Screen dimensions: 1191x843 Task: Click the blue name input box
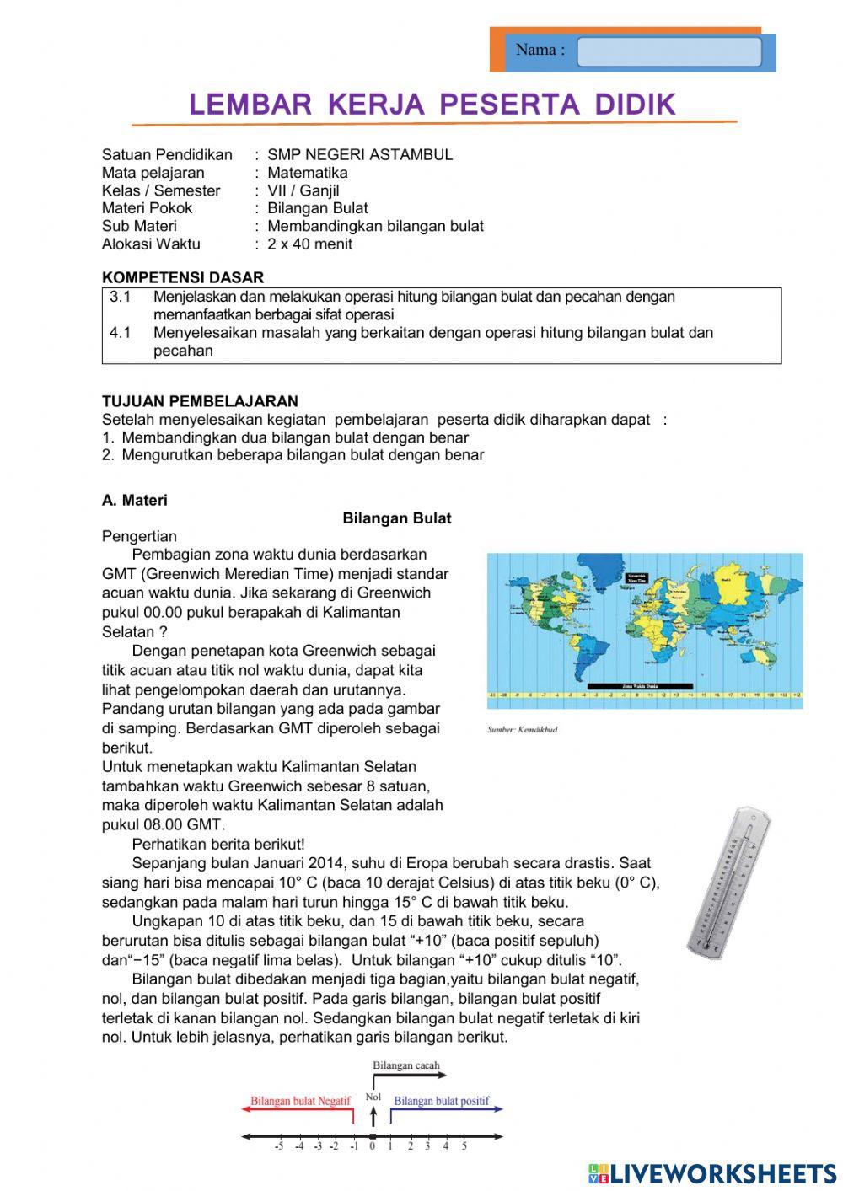click(668, 51)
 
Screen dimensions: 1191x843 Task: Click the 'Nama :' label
click(540, 50)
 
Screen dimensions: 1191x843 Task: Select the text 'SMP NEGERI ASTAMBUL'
click(360, 154)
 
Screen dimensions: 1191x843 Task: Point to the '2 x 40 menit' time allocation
click(309, 244)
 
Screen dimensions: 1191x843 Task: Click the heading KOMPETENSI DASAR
click(183, 277)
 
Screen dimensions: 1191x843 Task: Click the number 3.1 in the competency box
click(121, 297)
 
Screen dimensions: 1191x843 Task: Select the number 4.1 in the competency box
click(121, 333)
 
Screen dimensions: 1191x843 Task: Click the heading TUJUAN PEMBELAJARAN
click(200, 401)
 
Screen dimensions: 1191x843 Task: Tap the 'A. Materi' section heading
click(135, 501)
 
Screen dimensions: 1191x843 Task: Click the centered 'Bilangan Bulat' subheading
click(396, 519)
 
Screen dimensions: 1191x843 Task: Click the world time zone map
click(644, 630)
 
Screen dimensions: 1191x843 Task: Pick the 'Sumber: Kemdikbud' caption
click(522, 729)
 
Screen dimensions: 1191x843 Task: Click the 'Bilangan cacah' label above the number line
click(405, 1065)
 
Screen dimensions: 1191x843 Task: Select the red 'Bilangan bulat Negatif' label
click(300, 1101)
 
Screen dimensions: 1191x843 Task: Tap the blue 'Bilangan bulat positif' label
click(441, 1101)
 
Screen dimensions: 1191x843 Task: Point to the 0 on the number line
click(372, 1146)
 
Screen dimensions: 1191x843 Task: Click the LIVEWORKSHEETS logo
click(711, 1172)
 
